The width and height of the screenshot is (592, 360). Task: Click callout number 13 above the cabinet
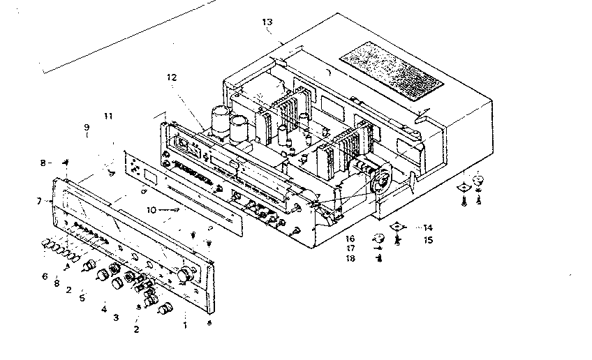pos(267,22)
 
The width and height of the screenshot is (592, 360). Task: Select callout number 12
pos(172,77)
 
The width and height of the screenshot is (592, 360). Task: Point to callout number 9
pos(87,128)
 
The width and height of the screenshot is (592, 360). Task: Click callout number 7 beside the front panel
pos(40,201)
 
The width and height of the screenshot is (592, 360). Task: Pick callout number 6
pos(45,276)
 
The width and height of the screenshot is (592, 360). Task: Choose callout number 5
pos(82,298)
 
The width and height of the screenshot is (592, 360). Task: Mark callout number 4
pos(103,308)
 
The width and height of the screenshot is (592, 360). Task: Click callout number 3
pos(116,317)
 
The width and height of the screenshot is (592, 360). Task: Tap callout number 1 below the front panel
pos(185,324)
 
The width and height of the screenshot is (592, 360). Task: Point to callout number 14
pos(428,227)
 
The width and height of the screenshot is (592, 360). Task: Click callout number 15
pos(428,240)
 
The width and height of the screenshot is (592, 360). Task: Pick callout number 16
pos(350,238)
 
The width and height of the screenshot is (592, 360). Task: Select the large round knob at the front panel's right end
pos(186,274)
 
